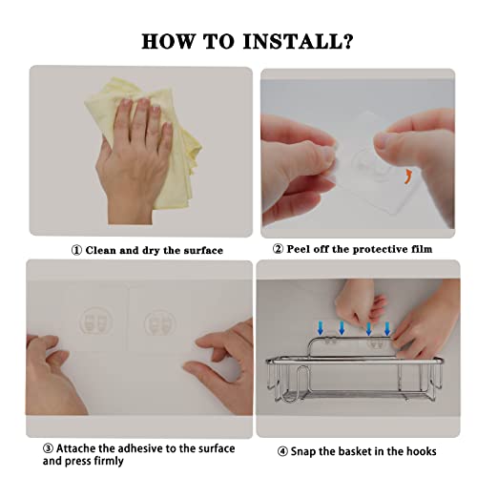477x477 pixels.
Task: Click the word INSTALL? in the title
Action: point(299,41)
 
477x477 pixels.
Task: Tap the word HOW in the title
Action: point(168,41)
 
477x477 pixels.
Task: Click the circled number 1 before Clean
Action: point(76,251)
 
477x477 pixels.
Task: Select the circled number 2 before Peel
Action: point(278,249)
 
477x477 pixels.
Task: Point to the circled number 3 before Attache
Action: point(48,448)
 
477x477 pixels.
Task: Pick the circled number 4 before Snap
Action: point(282,451)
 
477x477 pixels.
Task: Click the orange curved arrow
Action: point(408,176)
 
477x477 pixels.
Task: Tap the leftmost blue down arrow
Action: point(321,328)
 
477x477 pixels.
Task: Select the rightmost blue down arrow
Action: point(387,328)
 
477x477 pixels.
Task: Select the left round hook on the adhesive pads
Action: point(96,321)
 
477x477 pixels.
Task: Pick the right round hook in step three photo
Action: point(159,322)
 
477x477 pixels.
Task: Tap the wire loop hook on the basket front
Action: point(300,384)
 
